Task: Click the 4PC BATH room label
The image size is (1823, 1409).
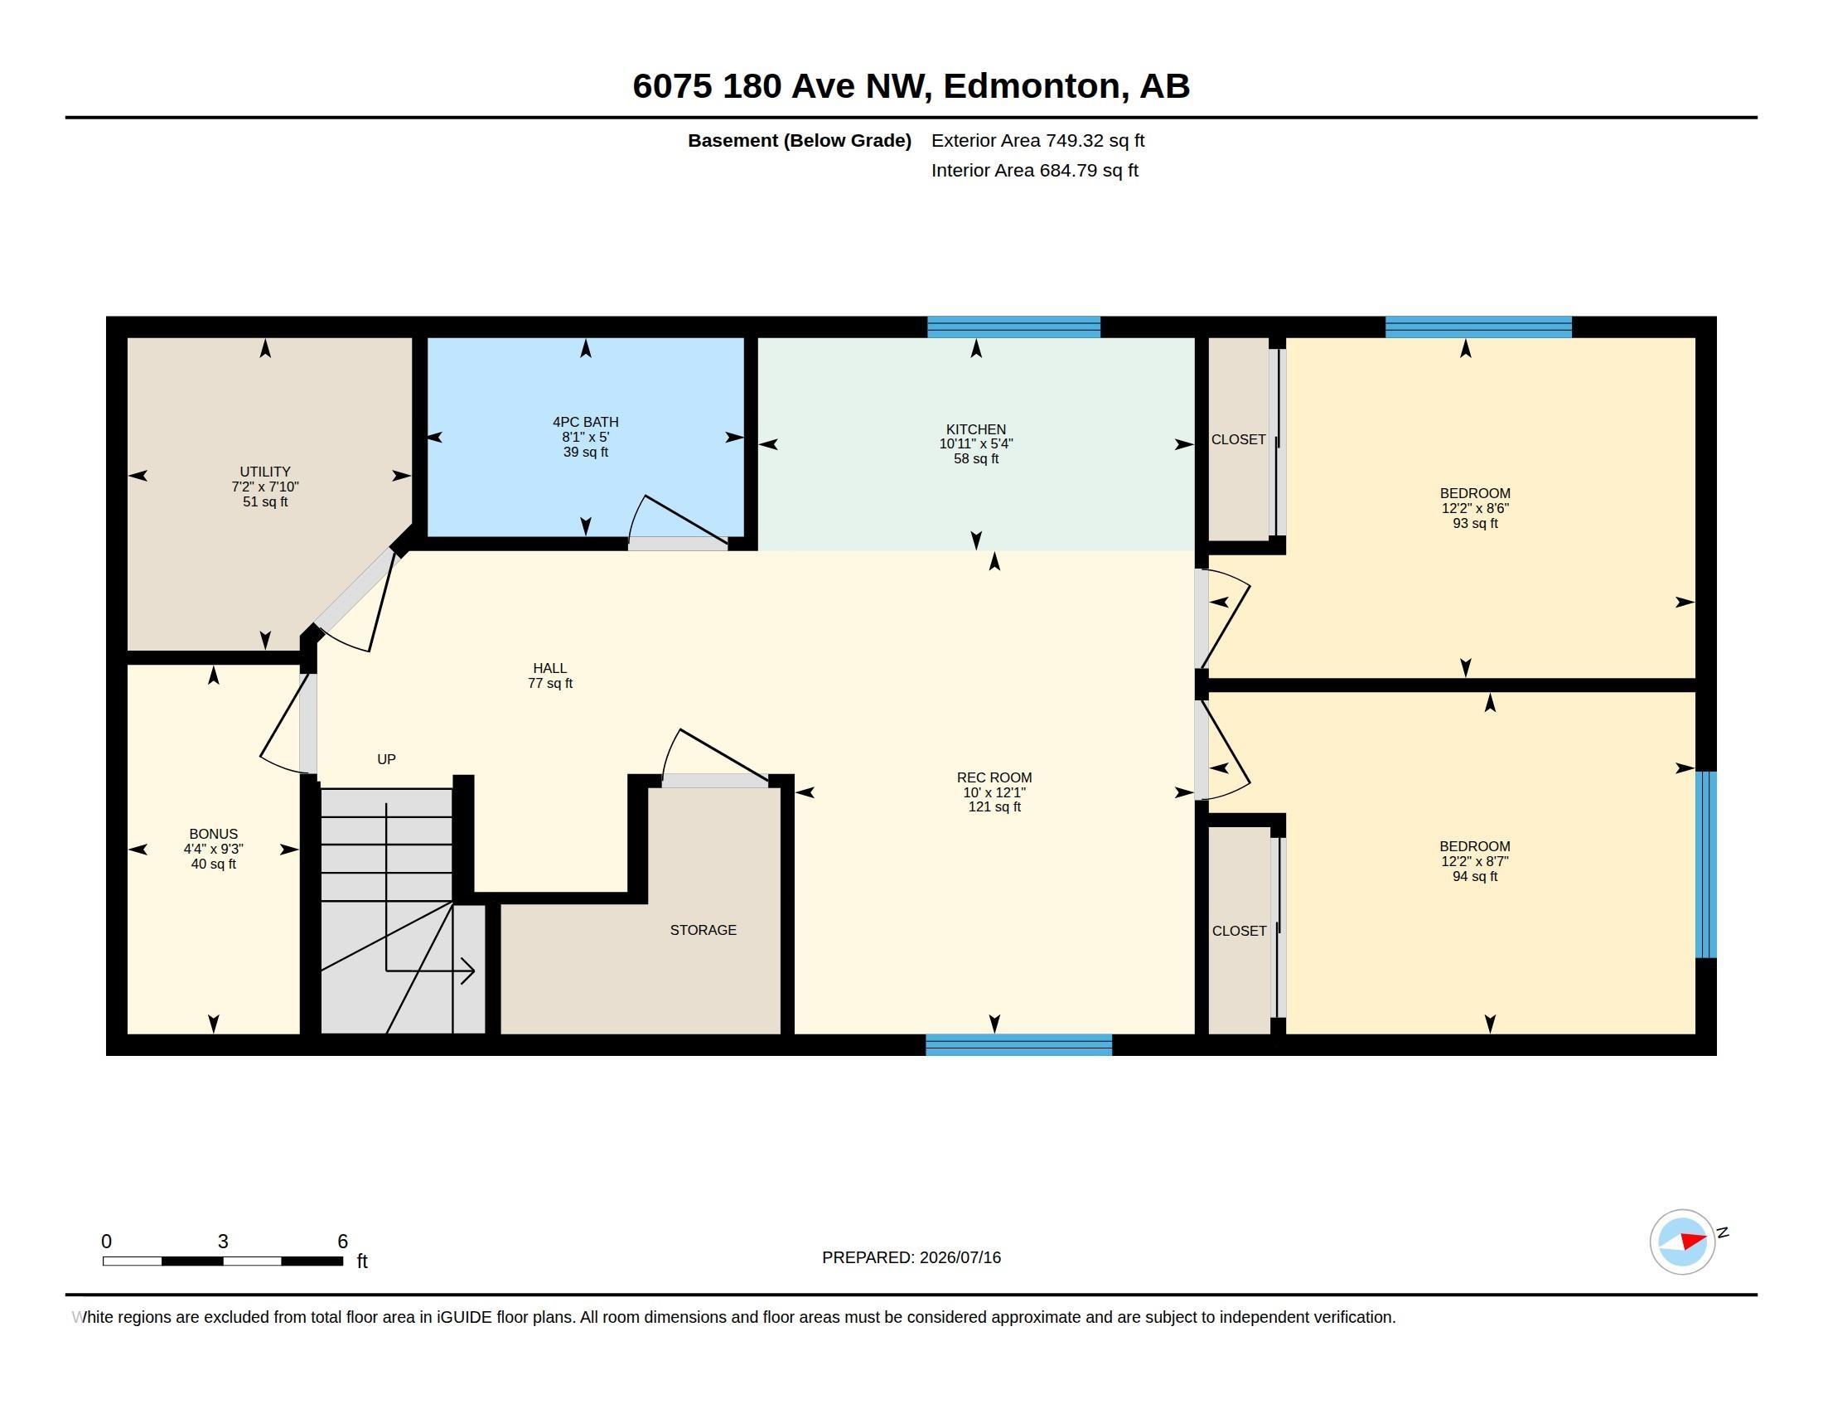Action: [585, 423]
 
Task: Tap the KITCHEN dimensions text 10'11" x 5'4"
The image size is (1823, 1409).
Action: [976, 444]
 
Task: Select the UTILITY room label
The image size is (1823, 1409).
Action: [264, 472]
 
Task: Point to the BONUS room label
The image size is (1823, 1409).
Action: [213, 834]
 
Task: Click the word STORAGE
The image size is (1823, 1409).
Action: [703, 930]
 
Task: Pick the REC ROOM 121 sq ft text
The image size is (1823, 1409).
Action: [994, 807]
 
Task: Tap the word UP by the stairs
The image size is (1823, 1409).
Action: [385, 759]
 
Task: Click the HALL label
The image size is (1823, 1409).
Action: [549, 669]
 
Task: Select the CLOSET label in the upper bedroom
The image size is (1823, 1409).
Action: [1238, 440]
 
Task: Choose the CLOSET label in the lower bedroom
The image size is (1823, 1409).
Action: [1239, 931]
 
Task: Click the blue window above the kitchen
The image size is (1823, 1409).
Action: [1013, 327]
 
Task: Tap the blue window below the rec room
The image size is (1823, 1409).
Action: [1018, 1045]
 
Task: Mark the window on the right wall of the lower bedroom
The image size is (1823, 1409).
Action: [1706, 864]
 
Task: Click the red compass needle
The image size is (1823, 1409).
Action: [1693, 1242]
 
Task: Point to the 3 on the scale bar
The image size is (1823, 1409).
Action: [223, 1242]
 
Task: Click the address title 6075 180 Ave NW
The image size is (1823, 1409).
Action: [780, 86]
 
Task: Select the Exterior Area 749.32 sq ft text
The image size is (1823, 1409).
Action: [1037, 141]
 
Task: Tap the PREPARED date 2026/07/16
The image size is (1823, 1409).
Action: [960, 1258]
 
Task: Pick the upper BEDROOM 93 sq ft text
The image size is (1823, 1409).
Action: [1475, 523]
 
